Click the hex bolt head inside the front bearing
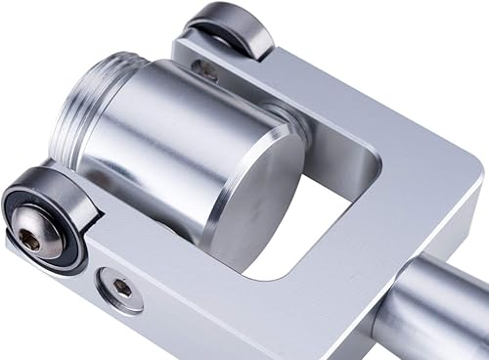[32, 238]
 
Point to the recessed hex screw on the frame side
[119, 289]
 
